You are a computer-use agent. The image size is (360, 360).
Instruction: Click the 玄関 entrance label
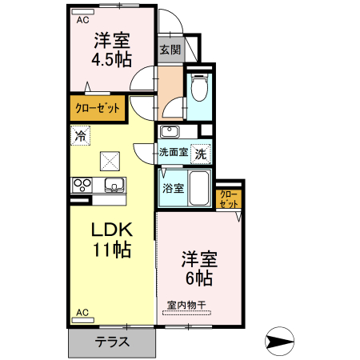coord(170,50)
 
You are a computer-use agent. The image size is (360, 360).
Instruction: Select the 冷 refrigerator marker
coord(80,136)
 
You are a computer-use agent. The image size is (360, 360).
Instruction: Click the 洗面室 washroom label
coord(173,152)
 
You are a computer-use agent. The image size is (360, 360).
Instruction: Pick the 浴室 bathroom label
coord(174,189)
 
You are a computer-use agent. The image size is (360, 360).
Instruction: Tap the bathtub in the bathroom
coord(200,190)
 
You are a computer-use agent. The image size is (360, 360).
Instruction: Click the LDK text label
coord(111,230)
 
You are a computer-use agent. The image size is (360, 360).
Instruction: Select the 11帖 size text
coord(111,250)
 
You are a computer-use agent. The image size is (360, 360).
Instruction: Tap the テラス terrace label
coord(111,342)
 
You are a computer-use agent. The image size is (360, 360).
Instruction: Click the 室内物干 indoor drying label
coord(186,305)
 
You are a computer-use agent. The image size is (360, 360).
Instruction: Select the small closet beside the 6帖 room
coord(229,199)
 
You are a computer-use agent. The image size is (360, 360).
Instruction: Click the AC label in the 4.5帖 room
coord(83,22)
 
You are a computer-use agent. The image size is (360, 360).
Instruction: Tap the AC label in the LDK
coord(82,313)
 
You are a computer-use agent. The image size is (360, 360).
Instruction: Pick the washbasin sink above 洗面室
coord(170,131)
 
